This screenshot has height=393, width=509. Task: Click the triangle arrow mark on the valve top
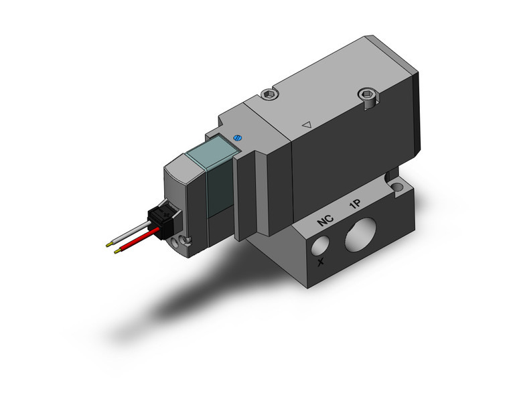pyautogui.click(x=307, y=125)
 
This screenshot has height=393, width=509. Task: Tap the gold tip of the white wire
pyautogui.click(x=109, y=244)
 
